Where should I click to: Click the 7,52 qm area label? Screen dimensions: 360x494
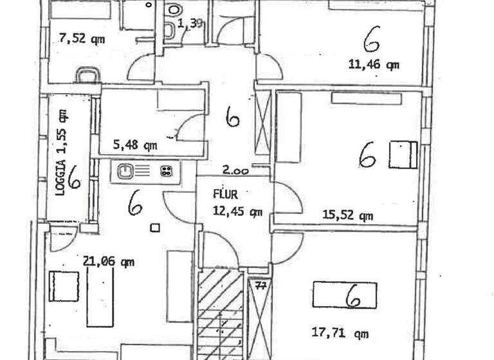click(82, 39)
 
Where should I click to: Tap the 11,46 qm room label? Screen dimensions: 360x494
click(373, 64)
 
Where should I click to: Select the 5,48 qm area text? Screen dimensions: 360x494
click(135, 145)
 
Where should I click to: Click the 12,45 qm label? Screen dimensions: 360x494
click(238, 210)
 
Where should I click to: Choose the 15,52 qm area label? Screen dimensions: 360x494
click(348, 215)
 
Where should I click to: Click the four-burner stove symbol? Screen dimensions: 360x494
click(166, 171)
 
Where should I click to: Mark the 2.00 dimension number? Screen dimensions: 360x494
click(235, 171)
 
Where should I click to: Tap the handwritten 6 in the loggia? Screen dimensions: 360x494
click(75, 177)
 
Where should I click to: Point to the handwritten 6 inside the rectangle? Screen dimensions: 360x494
click(352, 296)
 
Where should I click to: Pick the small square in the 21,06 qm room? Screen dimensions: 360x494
click(154, 227)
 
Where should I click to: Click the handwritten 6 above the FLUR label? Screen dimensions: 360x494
click(232, 116)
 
